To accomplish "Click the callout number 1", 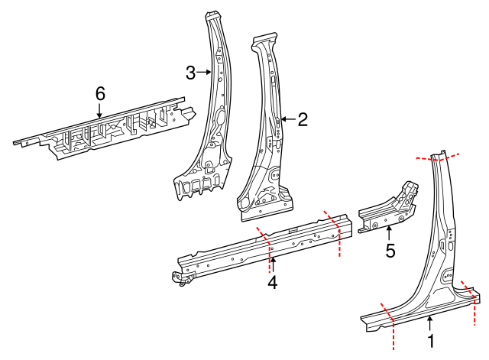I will tap(431, 341).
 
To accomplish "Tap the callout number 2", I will tap(303, 119).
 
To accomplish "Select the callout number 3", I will tap(191, 73).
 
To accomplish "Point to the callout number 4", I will tap(272, 282).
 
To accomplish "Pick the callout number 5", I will tap(390, 250).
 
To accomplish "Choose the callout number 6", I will tap(100, 93).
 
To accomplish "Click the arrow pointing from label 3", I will tap(204, 73).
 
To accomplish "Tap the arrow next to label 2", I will tap(287, 119).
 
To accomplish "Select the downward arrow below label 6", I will tap(100, 111).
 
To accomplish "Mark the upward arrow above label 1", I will tap(431, 323).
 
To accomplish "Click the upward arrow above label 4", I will tap(273, 263).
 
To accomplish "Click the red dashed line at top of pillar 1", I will tap(439, 157).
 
